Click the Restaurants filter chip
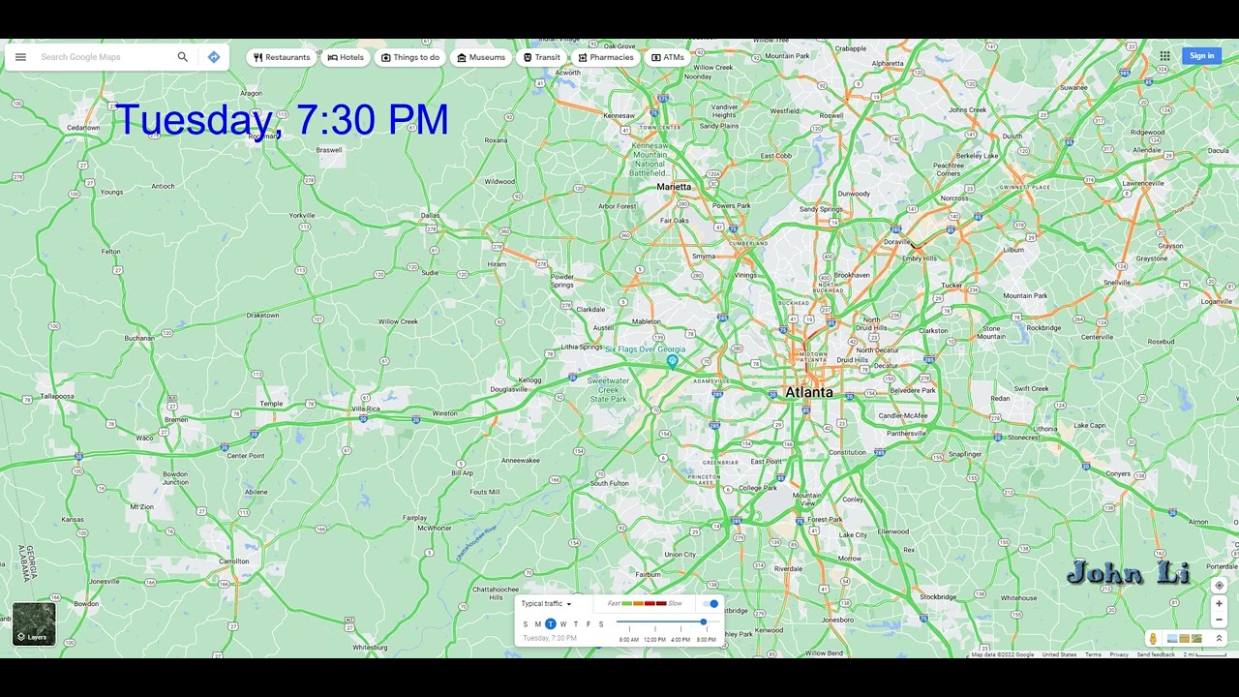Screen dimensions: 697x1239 (x=282, y=57)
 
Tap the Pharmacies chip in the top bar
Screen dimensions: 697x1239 (x=606, y=57)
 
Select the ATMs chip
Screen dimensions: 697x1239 (x=668, y=57)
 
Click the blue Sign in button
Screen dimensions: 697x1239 (x=1201, y=56)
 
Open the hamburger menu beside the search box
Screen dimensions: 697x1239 (x=20, y=57)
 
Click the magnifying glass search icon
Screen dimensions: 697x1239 (x=182, y=57)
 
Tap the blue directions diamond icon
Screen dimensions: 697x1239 (x=214, y=57)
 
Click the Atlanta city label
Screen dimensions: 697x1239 (x=808, y=392)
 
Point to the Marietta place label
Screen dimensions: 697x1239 (x=674, y=187)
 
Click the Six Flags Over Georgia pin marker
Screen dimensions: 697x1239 (x=672, y=362)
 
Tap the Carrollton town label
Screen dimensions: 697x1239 (x=233, y=561)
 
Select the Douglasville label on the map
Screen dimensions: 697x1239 (x=509, y=389)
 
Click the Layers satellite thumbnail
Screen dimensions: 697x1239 (x=34, y=623)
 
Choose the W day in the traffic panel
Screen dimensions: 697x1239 (x=563, y=624)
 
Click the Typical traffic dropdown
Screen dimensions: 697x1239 (x=546, y=604)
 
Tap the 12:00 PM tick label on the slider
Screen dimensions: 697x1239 (x=654, y=640)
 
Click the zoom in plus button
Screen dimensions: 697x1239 (x=1219, y=603)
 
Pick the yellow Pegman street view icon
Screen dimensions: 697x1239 (x=1153, y=639)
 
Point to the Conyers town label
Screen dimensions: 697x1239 (x=1118, y=473)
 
